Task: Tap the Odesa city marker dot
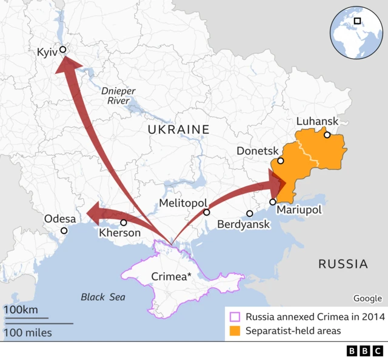64,230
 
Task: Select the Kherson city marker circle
124,222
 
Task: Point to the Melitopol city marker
207,212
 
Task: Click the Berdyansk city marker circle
250,213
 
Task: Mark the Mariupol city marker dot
273,202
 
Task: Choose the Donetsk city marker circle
281,161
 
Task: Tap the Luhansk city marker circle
327,135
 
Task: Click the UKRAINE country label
178,129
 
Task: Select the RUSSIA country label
343,264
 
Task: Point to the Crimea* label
172,278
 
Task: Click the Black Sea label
103,297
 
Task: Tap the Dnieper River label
118,96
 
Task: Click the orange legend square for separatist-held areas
234,331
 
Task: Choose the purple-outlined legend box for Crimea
234,316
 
